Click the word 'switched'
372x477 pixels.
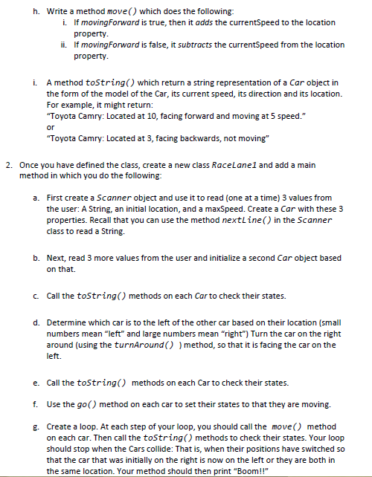[x=333, y=450]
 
